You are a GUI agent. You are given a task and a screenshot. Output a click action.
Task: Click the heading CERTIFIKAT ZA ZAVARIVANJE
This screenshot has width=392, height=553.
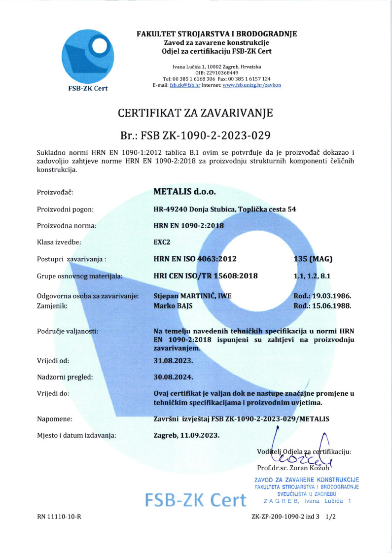pos(195,114)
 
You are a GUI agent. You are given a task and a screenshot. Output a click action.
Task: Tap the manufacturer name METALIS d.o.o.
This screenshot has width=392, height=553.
pos(185,191)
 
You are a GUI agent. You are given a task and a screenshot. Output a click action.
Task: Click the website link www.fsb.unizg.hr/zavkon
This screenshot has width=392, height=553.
pos(251,85)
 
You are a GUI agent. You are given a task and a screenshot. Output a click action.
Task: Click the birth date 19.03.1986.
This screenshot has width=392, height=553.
pos(322,296)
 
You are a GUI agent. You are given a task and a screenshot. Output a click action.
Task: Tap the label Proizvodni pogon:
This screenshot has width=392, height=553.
pos(65,209)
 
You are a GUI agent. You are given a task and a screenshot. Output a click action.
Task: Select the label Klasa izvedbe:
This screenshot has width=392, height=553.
pos(59,242)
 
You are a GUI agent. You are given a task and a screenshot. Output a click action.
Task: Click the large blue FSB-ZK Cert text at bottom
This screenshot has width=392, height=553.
pos(196,499)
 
